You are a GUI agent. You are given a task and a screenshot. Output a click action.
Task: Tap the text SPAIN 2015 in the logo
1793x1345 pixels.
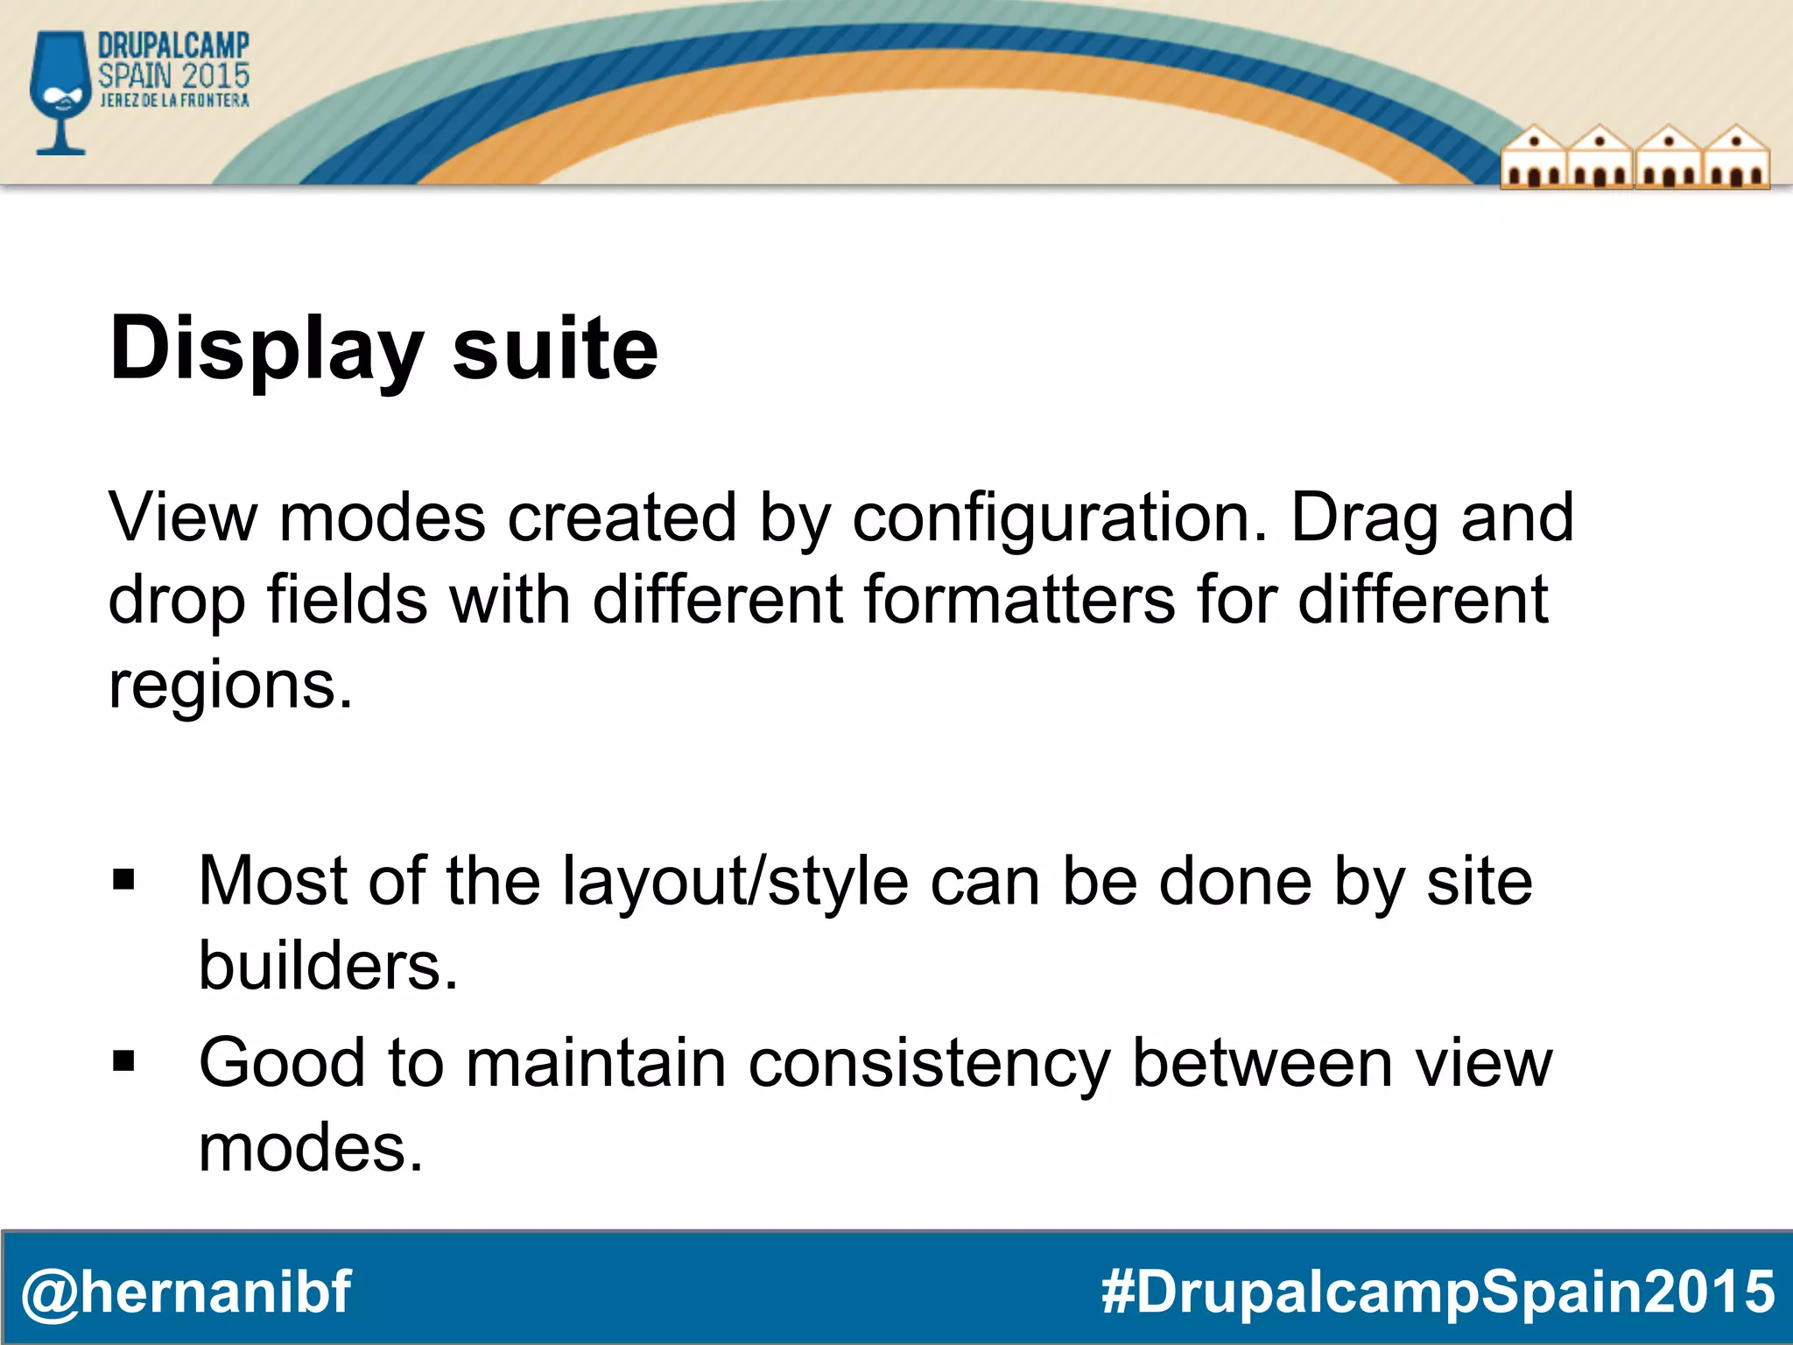pos(173,75)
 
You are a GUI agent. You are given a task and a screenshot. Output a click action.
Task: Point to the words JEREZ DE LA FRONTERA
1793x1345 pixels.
pos(174,101)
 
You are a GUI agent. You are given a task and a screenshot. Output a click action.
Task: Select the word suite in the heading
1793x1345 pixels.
pos(554,349)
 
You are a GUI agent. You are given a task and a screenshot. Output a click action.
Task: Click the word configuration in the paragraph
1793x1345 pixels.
pos(1059,518)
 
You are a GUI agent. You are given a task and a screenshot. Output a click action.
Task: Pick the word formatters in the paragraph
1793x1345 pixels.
pos(1019,601)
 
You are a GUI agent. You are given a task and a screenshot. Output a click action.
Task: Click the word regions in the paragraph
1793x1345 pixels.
pos(229,685)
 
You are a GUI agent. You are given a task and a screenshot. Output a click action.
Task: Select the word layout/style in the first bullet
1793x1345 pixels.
pos(735,881)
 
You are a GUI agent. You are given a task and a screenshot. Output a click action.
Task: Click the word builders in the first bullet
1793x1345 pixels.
pos(327,965)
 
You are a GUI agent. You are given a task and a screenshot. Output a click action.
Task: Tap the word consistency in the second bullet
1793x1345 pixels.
pos(929,1063)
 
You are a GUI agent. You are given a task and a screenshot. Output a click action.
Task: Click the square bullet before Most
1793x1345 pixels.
pos(123,879)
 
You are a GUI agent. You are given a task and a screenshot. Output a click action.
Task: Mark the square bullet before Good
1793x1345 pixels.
pos(123,1061)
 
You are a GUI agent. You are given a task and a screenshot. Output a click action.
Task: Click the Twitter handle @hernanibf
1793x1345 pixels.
pos(186,1292)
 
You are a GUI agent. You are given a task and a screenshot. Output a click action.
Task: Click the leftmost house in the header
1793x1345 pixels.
pos(1533,158)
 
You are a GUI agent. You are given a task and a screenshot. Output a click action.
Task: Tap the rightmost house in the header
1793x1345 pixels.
pos(1736,158)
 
